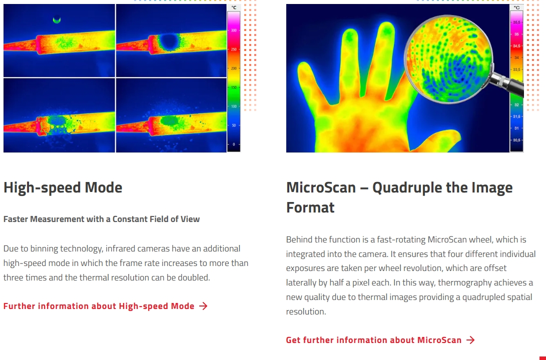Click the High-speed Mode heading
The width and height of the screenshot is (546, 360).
tap(63, 187)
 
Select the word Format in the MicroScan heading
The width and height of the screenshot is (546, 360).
tap(310, 207)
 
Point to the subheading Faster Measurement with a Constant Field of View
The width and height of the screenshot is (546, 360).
tap(101, 219)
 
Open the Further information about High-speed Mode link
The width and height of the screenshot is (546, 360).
tap(99, 306)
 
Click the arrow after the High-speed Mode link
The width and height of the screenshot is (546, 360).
tap(203, 306)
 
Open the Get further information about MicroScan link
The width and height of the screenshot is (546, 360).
tap(374, 340)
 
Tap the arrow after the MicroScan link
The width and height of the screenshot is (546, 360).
tap(470, 340)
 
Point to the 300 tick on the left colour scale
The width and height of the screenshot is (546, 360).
tap(234, 30)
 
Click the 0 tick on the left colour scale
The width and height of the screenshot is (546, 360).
tap(233, 144)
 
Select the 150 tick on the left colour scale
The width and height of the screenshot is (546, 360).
tap(234, 87)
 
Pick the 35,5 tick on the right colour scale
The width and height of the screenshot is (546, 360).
tap(516, 22)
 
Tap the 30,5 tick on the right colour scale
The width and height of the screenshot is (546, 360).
tap(516, 140)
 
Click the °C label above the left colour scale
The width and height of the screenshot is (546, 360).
tap(234, 7)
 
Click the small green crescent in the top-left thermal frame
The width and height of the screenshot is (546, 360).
tap(57, 20)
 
